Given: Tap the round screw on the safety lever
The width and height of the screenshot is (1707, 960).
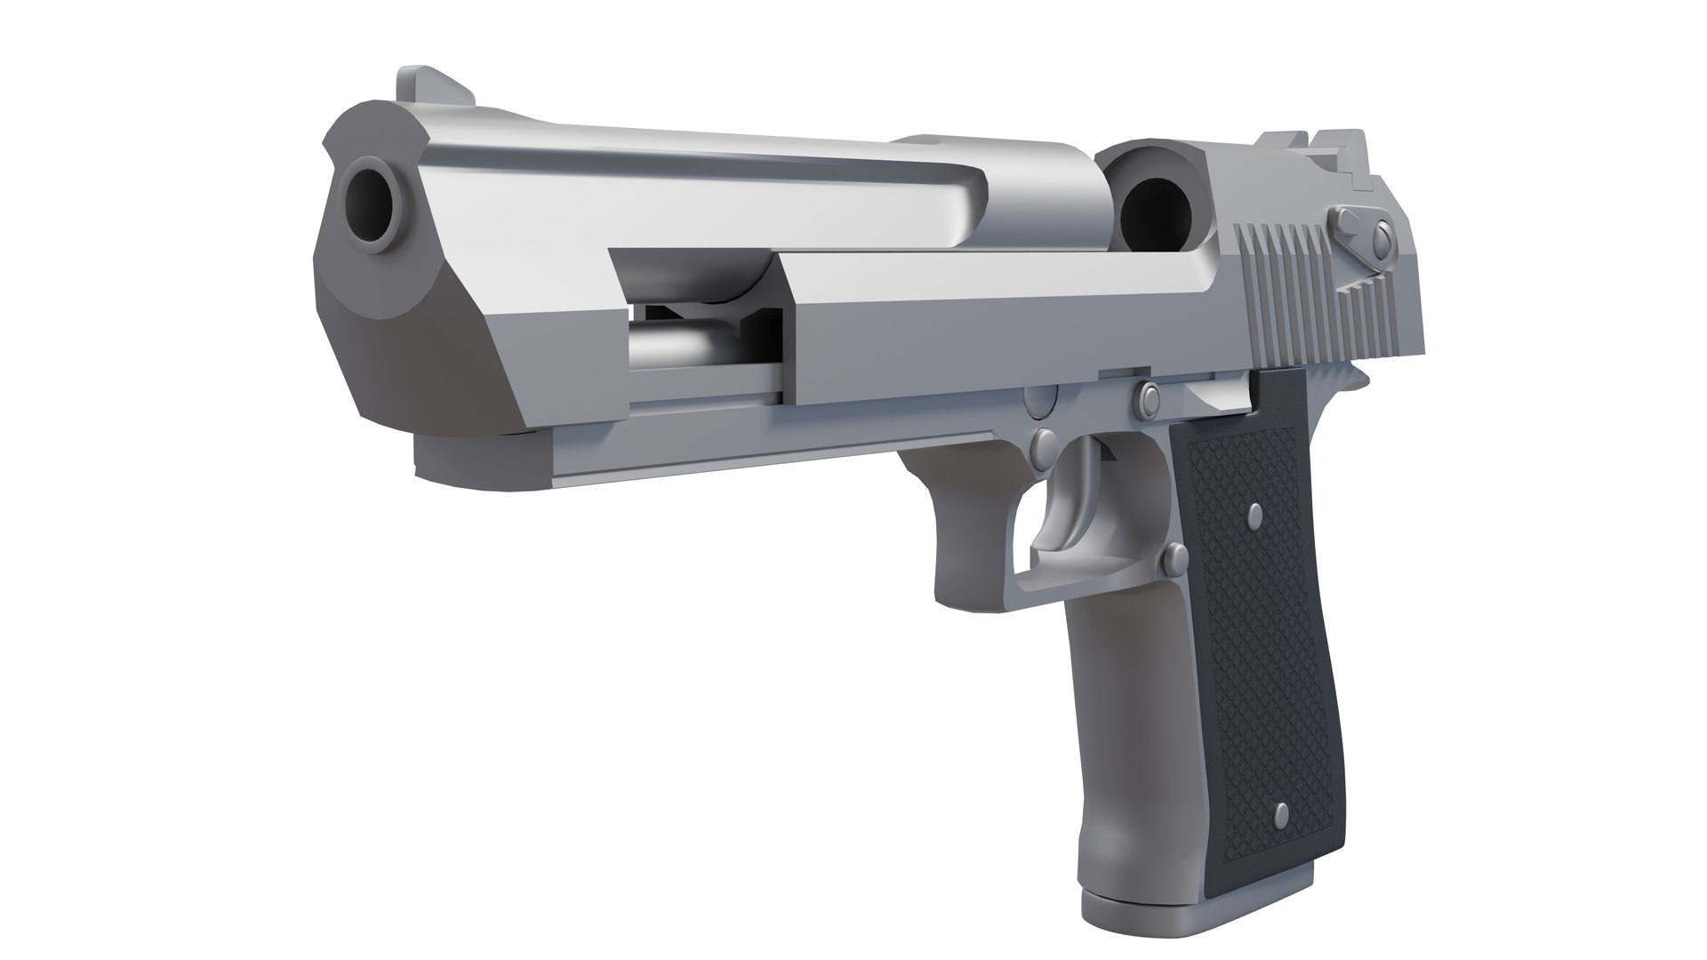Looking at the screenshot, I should point(1381,236).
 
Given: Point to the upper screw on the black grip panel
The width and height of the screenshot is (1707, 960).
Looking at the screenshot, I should point(1254,513).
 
